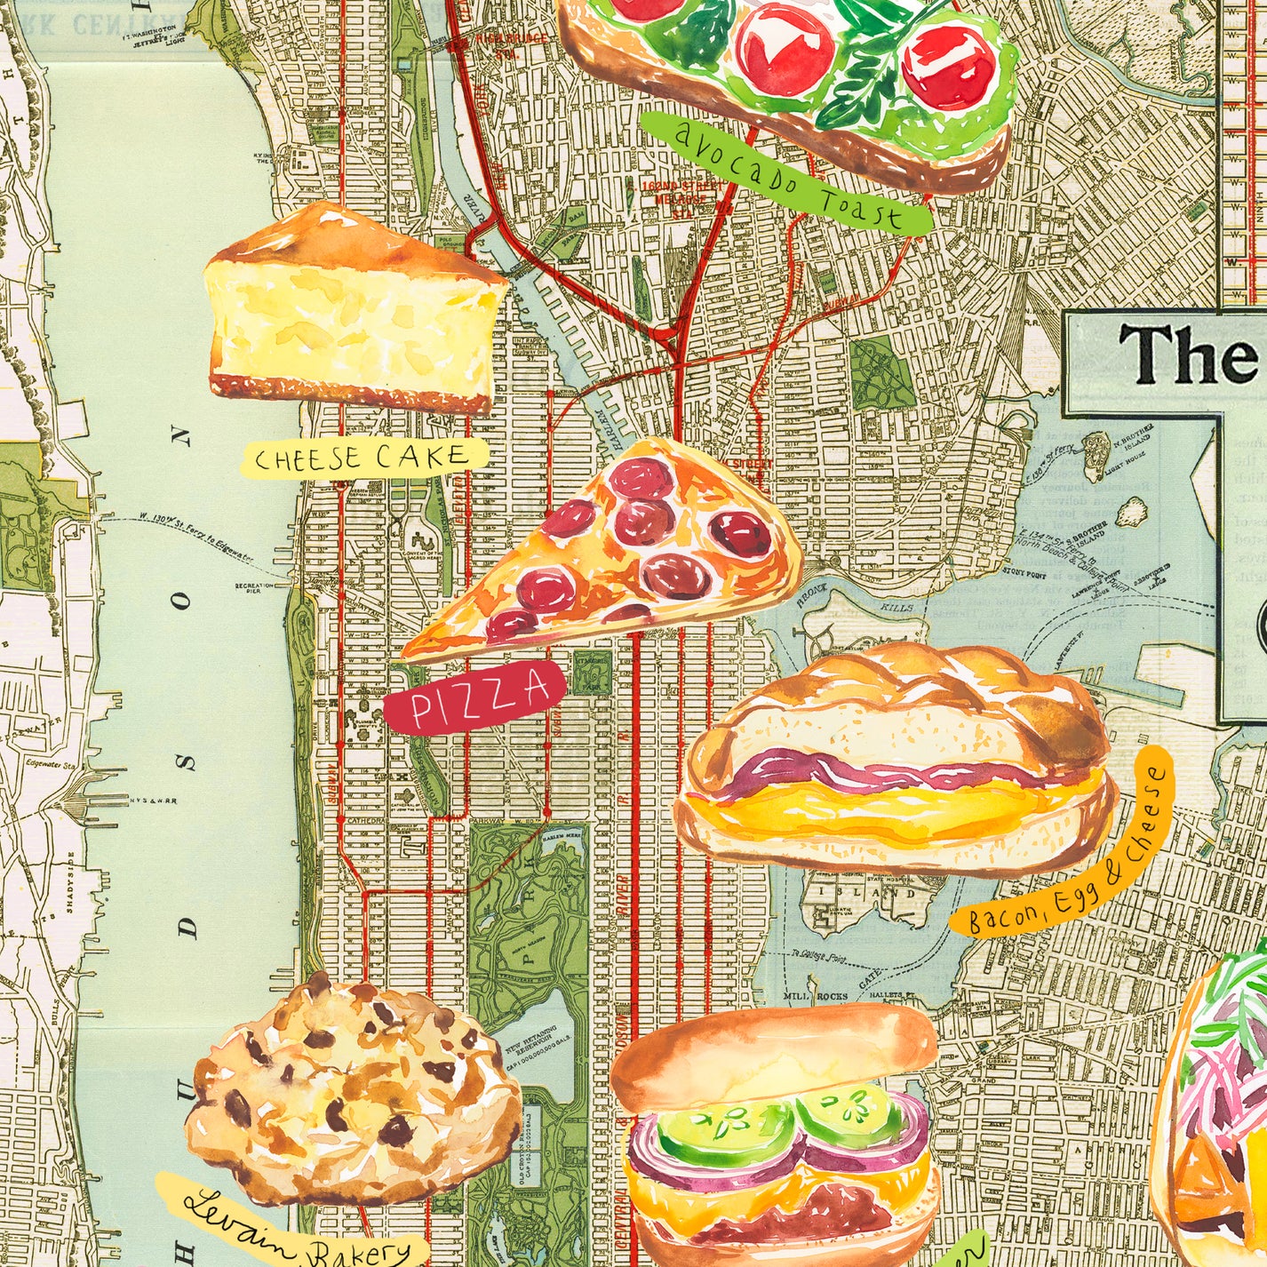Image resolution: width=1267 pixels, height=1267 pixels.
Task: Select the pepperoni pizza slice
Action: click(622, 551)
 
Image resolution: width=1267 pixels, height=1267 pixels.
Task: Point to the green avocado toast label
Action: click(786, 173)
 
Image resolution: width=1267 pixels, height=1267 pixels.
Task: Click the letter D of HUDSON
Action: click(186, 927)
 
